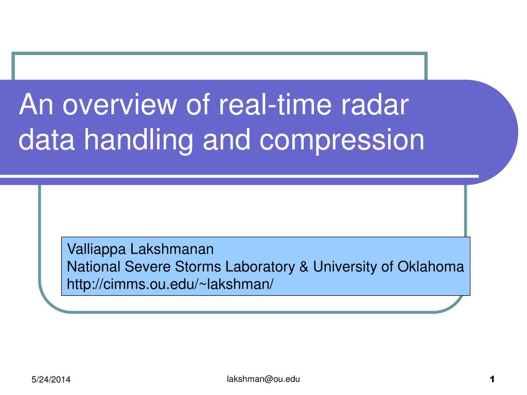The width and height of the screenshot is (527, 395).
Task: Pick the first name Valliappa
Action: [x=97, y=250]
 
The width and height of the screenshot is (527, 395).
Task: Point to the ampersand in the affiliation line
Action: [x=304, y=266]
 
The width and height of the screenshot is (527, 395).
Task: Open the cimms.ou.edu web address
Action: [x=170, y=283]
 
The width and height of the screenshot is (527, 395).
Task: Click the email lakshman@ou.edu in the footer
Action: [x=263, y=379]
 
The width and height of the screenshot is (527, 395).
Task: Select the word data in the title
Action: [x=40, y=140]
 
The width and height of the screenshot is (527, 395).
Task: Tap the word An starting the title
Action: [x=32, y=105]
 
